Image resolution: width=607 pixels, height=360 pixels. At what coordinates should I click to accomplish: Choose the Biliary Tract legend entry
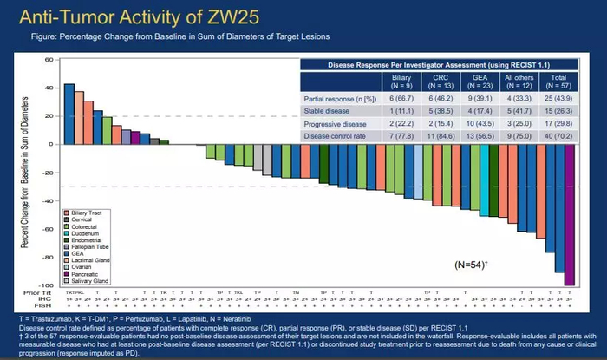(x=87, y=212)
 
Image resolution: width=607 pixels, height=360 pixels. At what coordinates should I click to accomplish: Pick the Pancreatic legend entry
(x=84, y=273)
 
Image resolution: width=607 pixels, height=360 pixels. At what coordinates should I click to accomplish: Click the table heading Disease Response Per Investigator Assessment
(x=442, y=66)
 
